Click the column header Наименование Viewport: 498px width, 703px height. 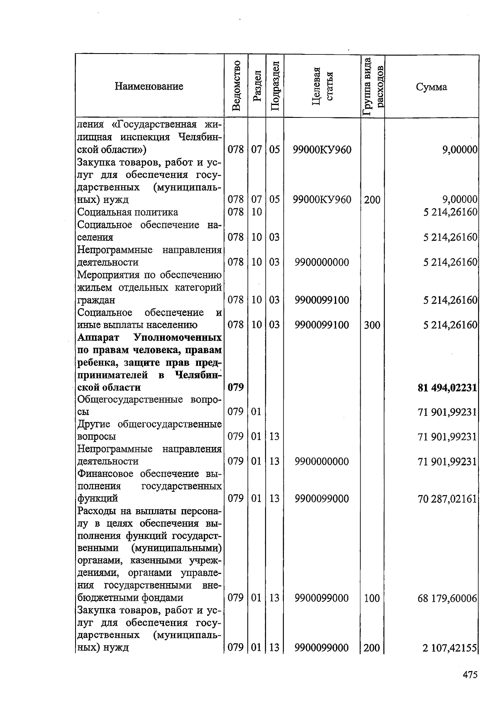149,86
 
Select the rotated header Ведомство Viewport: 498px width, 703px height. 236,86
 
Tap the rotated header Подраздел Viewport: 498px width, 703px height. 274,86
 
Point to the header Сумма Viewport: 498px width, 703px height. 432,87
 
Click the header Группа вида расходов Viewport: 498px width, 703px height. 373,86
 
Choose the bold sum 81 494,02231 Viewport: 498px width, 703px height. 447,388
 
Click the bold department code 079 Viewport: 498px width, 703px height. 236,388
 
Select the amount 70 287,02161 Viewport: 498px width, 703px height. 447,498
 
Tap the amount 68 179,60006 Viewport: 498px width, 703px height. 447,598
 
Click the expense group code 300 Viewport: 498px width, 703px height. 372,325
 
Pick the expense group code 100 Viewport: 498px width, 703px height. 372,598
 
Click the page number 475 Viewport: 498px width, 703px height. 470,674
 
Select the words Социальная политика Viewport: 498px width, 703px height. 128,212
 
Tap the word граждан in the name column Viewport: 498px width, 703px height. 96,300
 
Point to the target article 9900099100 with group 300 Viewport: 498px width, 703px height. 322,325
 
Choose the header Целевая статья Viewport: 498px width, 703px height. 322,86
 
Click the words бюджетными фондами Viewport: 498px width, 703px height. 130,598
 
